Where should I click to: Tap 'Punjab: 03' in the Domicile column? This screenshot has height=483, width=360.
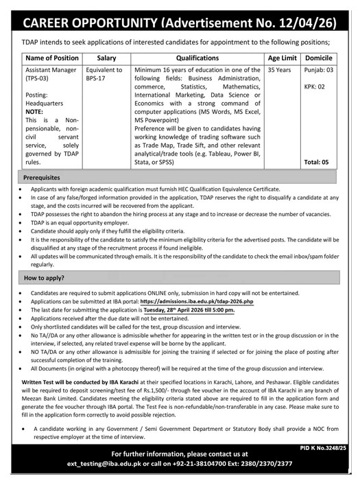coord(319,70)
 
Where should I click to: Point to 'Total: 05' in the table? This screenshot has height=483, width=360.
coord(317,162)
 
